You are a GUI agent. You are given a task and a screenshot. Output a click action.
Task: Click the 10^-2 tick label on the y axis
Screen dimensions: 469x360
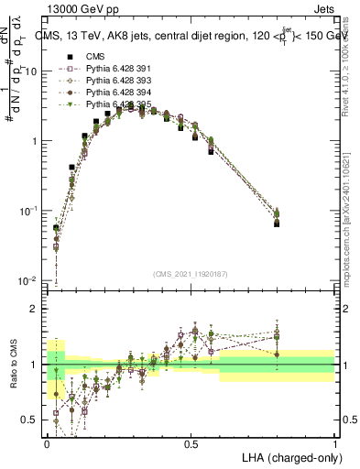[27, 280]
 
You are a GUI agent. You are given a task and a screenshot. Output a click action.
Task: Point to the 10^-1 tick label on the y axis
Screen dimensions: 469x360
[27, 211]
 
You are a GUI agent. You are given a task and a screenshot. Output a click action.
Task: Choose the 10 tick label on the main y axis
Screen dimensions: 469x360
[30, 71]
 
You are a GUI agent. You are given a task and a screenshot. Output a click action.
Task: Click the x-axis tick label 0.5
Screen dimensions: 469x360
[191, 442]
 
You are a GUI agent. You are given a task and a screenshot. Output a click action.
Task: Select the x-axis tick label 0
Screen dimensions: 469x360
[47, 442]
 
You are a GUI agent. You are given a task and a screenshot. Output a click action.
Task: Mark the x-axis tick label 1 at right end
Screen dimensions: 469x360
[335, 442]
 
